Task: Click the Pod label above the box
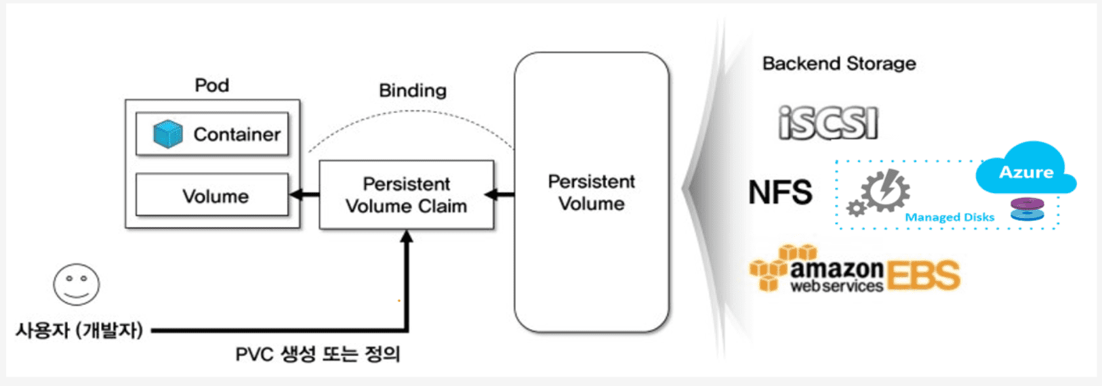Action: pos(212,85)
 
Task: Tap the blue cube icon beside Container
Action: pos(168,134)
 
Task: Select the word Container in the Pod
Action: pos(237,134)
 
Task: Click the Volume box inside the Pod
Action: pos(212,195)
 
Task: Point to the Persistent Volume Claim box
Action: pos(407,195)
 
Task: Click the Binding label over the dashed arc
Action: pos(413,91)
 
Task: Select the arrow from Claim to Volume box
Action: pos(304,195)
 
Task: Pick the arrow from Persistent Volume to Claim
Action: pos(499,195)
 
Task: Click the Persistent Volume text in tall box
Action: pos(592,192)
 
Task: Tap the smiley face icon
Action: pos(77,284)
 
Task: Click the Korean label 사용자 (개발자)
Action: pos(79,330)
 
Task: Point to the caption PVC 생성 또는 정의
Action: pos(318,354)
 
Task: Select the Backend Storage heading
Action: pos(839,64)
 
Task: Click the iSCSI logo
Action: pos(828,123)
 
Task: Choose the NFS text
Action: pos(780,192)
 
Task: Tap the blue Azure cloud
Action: pos(1026,169)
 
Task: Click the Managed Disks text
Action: pos(950,217)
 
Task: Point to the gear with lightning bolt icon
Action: pos(878,192)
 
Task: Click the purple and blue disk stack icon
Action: pos(1027,209)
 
